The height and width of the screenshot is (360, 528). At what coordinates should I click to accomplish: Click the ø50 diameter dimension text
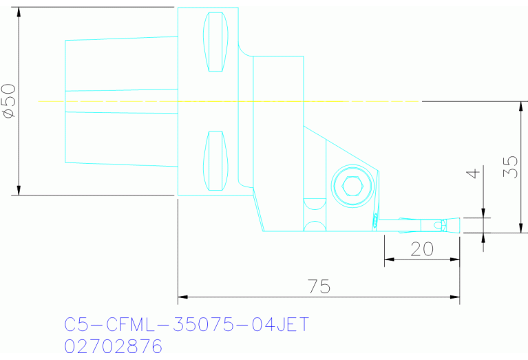pos(10,101)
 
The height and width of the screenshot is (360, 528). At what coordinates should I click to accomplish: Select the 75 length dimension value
pos(319,286)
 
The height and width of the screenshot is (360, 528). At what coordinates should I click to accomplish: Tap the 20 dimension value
pos(421,248)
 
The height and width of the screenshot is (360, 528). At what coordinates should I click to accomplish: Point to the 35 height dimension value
pos(510,167)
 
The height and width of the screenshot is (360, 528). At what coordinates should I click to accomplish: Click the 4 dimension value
pos(472,172)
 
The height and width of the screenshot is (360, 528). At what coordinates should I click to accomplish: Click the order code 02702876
pos(114,346)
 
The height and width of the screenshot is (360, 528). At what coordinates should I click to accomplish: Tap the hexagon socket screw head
pos(352,187)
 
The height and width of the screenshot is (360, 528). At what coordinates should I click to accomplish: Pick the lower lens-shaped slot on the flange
pos(216,161)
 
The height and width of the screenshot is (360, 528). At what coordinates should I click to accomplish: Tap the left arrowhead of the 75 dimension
pos(182,298)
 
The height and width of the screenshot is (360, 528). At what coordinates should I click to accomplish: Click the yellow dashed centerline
pos(227,101)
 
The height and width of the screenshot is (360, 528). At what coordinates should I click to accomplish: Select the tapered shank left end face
pos(65,101)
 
